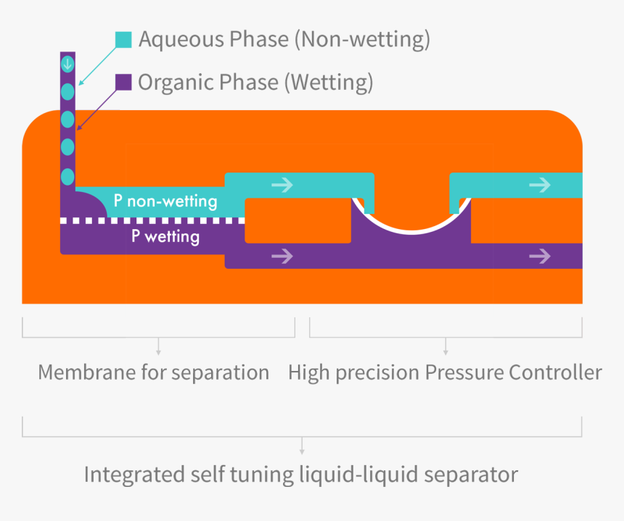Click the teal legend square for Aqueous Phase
click(123, 40)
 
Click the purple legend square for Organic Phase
click(123, 82)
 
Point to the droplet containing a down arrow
click(67, 64)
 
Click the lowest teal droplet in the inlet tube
click(67, 176)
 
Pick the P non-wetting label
click(165, 201)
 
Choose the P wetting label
click(165, 235)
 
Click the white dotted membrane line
click(152, 220)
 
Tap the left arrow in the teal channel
click(282, 186)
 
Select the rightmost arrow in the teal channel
click(540, 186)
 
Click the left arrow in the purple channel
click(282, 256)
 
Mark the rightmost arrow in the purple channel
click(540, 256)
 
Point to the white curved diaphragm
click(411, 230)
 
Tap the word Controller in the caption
click(555, 373)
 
